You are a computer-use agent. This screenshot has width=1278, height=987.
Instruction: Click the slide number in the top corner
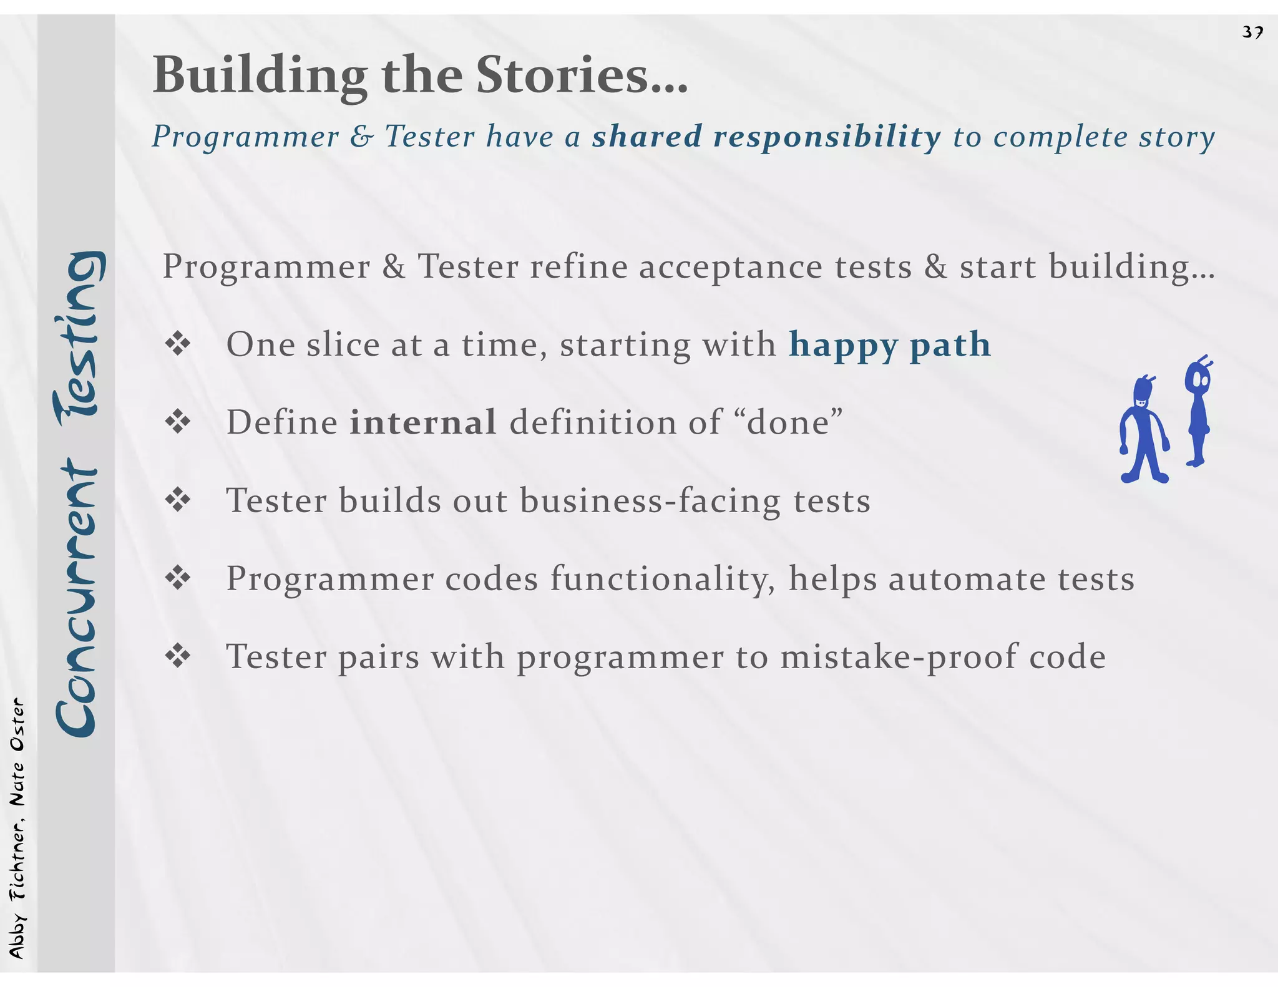click(1252, 32)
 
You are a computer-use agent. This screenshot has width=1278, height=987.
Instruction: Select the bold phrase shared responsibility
click(766, 137)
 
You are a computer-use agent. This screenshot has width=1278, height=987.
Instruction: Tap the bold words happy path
click(889, 345)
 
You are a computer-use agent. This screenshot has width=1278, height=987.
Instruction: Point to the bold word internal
click(422, 422)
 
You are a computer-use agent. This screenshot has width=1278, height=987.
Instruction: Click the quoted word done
click(789, 422)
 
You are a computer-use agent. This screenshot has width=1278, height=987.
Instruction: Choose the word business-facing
click(650, 501)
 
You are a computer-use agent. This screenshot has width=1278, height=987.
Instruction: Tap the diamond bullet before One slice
click(178, 344)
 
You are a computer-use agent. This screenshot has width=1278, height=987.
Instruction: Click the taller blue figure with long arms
click(1143, 430)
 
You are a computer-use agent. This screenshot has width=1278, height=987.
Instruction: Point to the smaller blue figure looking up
click(1198, 412)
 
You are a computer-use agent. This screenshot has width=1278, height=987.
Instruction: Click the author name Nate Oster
click(17, 752)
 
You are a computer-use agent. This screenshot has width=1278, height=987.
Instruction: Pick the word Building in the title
click(260, 75)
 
